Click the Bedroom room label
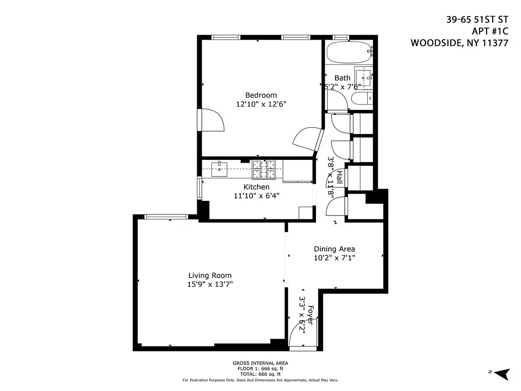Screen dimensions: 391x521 pyautogui.click(x=261, y=95)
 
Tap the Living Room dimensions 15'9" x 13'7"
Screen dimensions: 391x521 pyautogui.click(x=210, y=284)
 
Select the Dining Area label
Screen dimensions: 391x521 pyautogui.click(x=334, y=249)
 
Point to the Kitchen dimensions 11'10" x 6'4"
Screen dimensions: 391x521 pyautogui.click(x=256, y=195)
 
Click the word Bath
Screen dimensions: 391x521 pyautogui.click(x=342, y=78)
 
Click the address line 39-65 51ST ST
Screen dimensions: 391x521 pyautogui.click(x=477, y=20)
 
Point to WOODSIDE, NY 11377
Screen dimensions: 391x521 pyautogui.click(x=459, y=43)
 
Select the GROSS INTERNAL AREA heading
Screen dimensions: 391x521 pyautogui.click(x=260, y=363)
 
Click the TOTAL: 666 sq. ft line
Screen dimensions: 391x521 pyautogui.click(x=260, y=374)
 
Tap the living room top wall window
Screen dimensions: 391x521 pyautogui.click(x=166, y=217)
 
